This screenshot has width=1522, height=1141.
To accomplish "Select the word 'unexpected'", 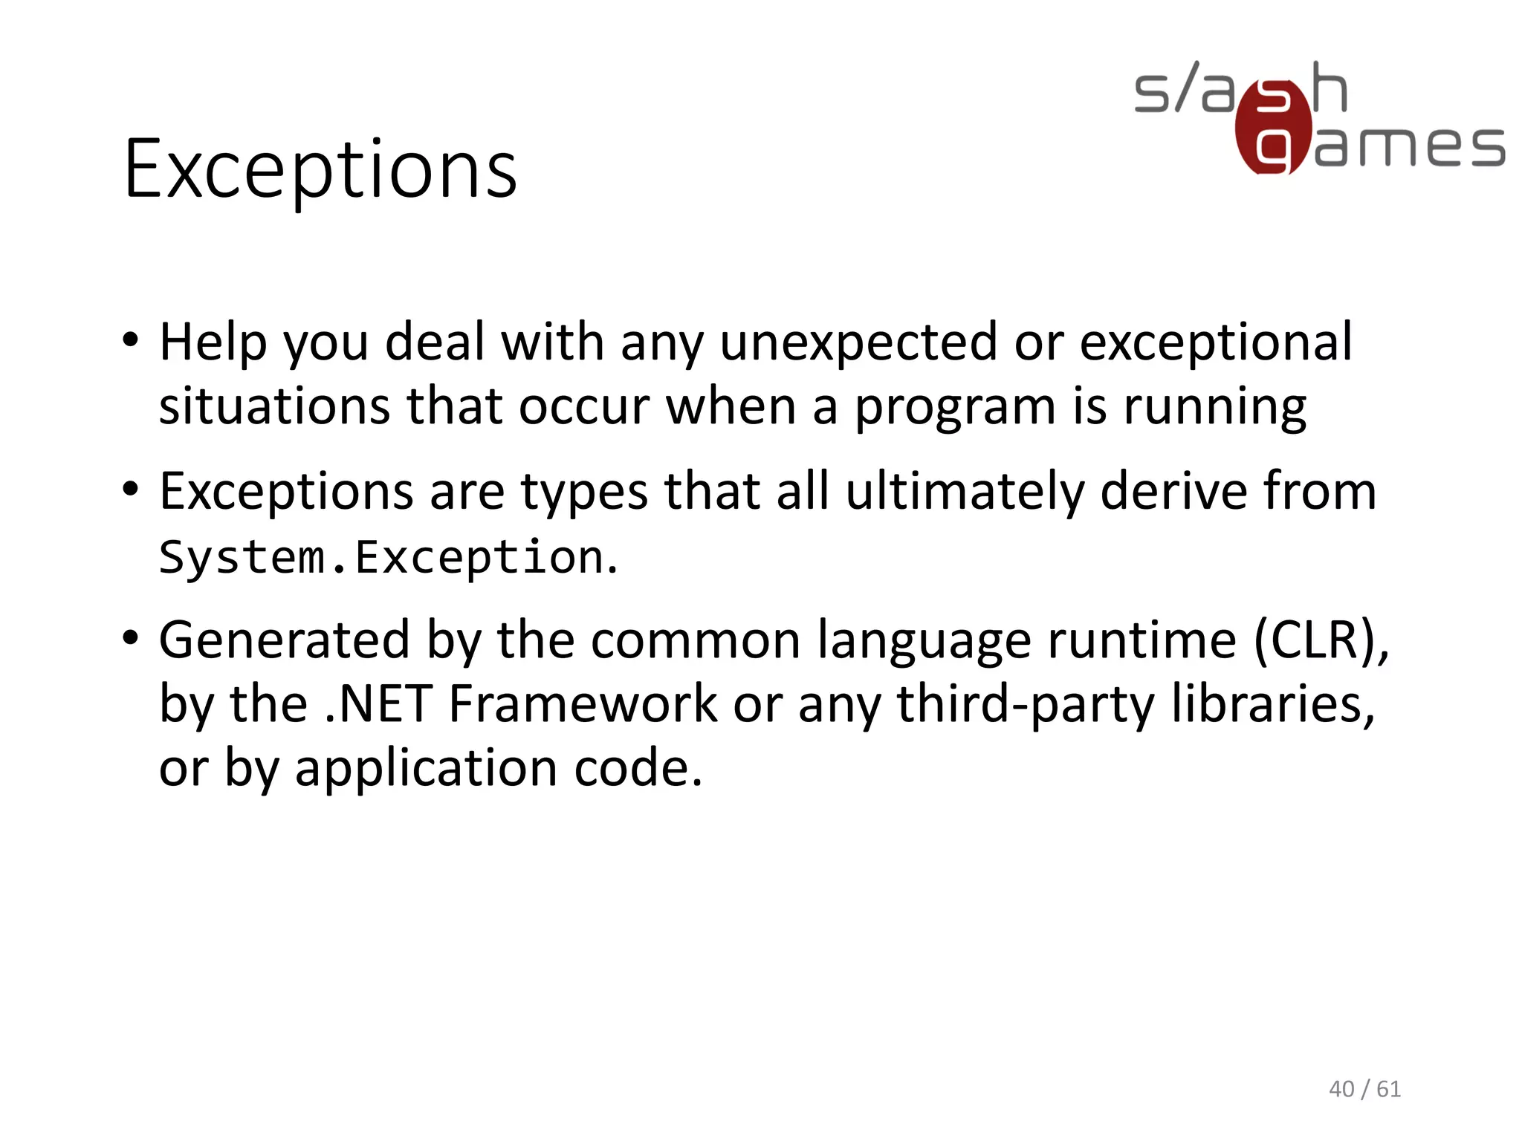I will click(x=858, y=342).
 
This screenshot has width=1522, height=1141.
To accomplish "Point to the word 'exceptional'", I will click(x=1215, y=342).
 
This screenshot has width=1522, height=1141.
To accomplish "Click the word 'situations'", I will click(x=274, y=406).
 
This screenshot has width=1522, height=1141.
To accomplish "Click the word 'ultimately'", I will click(x=965, y=493).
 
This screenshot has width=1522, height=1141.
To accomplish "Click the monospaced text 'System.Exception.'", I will click(x=388, y=557).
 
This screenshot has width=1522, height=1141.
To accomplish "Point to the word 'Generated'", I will click(x=284, y=640).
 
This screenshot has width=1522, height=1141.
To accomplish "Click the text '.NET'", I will click(x=378, y=703).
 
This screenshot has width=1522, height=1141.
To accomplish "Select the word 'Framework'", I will click(x=583, y=703).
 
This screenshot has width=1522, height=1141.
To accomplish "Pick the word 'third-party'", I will click(x=1026, y=705).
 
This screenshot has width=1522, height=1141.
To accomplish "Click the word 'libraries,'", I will click(x=1272, y=703).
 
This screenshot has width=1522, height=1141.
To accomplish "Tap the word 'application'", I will click(x=426, y=769).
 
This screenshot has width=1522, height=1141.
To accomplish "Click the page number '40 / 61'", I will click(x=1364, y=1089).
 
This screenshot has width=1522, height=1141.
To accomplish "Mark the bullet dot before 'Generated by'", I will click(x=131, y=637).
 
